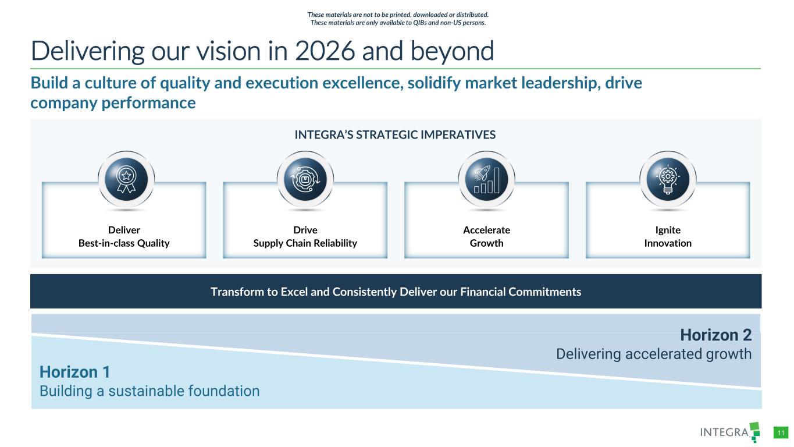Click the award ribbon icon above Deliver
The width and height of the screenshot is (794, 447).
(126, 179)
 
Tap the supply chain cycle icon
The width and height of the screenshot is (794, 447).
(305, 179)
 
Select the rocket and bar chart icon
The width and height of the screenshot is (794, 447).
(487, 179)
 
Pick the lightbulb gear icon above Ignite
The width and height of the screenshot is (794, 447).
(668, 179)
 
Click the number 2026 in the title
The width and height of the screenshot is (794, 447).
(325, 51)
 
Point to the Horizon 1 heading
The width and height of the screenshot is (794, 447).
(75, 372)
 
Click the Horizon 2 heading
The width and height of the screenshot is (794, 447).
(715, 335)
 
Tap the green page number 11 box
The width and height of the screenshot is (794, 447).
(781, 433)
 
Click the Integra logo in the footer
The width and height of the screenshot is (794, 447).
(730, 432)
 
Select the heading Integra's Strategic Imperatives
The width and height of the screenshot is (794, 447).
(395, 135)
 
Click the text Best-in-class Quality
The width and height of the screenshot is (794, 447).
(124, 243)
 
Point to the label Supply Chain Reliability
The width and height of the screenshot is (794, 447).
(305, 243)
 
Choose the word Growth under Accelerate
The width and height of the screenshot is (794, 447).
(487, 243)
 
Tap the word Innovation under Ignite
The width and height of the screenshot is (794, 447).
(668, 243)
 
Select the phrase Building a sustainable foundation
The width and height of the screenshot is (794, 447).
(149, 391)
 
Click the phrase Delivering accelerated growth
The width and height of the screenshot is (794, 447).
(654, 354)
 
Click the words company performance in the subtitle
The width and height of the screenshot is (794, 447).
(113, 103)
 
